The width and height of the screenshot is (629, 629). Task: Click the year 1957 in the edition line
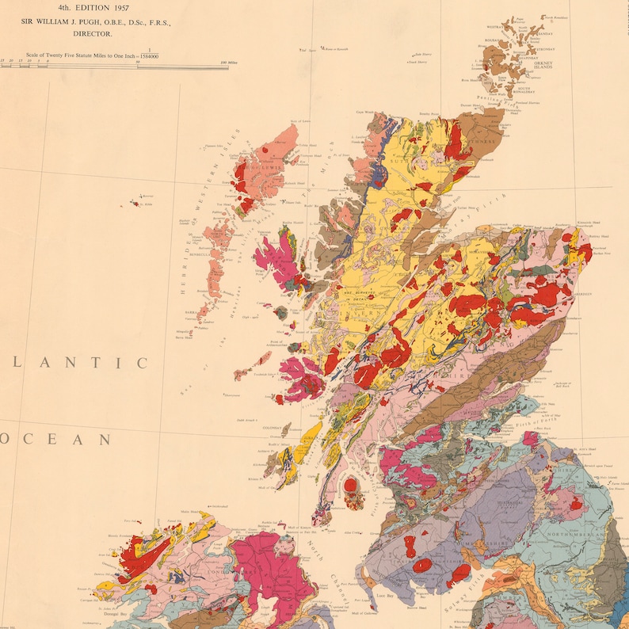pos(118,7)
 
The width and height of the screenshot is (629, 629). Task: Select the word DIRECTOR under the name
pos(93,35)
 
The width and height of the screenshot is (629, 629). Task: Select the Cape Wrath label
pos(364,112)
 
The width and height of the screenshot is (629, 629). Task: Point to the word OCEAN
pos(53,439)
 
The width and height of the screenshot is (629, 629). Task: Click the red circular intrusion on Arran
pos(349,485)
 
